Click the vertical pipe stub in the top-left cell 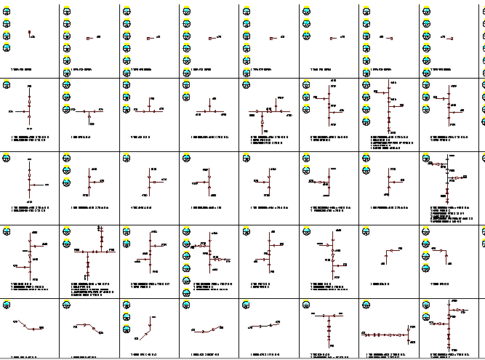click(x=29, y=33)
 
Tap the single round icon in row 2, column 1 click(x=7, y=84)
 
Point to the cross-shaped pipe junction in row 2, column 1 click(x=29, y=111)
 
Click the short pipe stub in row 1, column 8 click(x=446, y=36)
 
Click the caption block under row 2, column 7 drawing click(x=385, y=142)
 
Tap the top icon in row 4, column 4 click(x=186, y=232)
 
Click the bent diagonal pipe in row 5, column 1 click(x=30, y=325)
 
